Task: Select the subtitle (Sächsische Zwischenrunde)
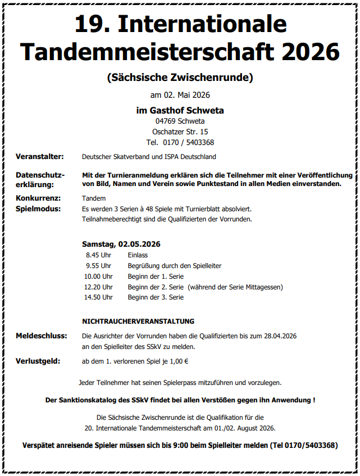coord(180,77)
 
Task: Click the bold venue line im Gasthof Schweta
coord(180,110)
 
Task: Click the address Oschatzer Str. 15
coord(180,132)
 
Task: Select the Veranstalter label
coord(39,157)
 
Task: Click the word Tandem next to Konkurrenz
coord(93,198)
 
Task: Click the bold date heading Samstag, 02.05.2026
coord(121,244)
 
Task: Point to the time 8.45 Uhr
coord(98,255)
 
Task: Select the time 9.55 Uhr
coord(98,265)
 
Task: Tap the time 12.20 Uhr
coord(98,287)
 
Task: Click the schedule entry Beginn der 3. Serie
coord(156,297)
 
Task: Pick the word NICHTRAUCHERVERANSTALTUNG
coord(138,321)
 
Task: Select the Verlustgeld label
coord(38,361)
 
